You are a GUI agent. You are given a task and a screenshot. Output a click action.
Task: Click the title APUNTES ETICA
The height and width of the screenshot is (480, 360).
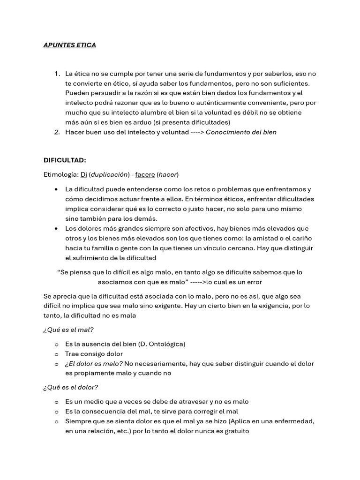pos(69,45)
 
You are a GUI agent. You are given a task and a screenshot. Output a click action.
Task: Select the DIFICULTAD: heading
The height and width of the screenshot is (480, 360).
pos(65,160)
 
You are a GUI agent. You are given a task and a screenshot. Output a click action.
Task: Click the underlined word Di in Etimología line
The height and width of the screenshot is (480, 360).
pos(84,174)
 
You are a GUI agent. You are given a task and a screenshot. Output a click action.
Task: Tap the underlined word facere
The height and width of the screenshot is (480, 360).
pos(145,174)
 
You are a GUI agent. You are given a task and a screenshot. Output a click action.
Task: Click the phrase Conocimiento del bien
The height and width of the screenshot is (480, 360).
pos(241,132)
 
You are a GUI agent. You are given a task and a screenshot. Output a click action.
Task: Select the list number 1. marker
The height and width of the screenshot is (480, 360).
pos(57,74)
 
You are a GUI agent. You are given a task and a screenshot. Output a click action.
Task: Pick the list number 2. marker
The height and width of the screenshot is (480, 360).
pos(57,132)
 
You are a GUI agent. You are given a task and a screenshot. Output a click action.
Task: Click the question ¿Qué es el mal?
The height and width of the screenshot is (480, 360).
pos(68,330)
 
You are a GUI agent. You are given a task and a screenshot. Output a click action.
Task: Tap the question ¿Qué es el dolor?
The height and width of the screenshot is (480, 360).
pos(70,387)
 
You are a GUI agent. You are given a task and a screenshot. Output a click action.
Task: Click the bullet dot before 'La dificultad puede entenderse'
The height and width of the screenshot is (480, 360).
pos(56,189)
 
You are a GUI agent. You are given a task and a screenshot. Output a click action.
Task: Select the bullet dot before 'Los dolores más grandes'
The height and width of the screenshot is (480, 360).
pos(56,228)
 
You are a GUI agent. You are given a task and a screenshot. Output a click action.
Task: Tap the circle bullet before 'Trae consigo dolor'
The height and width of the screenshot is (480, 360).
pos(56,354)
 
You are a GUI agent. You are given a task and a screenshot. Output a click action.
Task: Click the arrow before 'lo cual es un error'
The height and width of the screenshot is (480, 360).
pos(198,282)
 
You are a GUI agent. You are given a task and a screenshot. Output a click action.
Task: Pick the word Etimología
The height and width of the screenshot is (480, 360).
pos(60,174)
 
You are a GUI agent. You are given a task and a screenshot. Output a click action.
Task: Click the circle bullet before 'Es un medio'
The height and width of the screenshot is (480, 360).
pos(56,402)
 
